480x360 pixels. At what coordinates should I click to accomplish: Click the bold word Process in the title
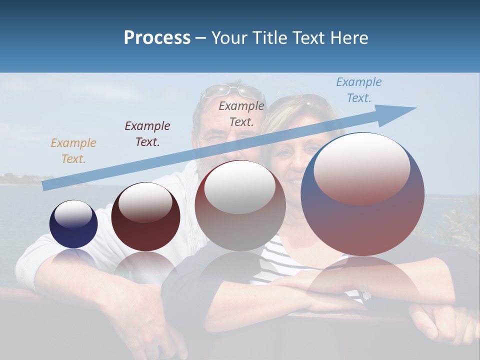pos(157,38)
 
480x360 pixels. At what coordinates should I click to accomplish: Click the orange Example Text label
pos(73,151)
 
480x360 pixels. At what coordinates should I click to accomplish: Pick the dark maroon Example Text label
pos(147,134)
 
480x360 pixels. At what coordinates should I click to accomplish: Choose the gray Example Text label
pos(241,113)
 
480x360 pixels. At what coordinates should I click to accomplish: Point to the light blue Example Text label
pos(359,90)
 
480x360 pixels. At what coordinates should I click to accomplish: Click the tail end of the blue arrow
pos(44,186)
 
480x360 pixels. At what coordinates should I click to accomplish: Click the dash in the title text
pos(201,38)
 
